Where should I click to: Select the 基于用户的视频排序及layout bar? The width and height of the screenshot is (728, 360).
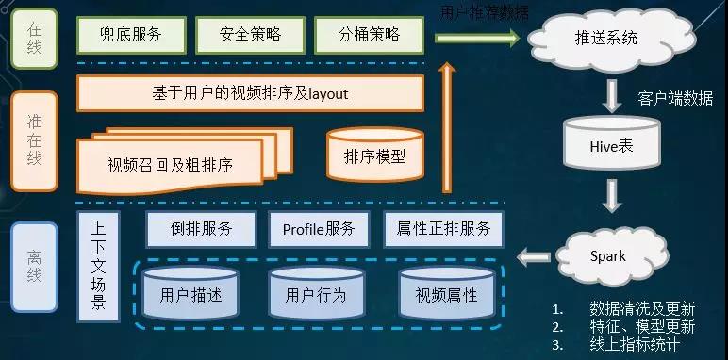tap(250, 93)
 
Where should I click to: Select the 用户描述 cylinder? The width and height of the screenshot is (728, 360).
tap(191, 293)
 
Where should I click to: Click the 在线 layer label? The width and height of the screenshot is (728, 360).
tap(34, 38)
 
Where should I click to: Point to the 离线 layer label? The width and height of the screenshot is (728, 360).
tap(34, 267)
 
